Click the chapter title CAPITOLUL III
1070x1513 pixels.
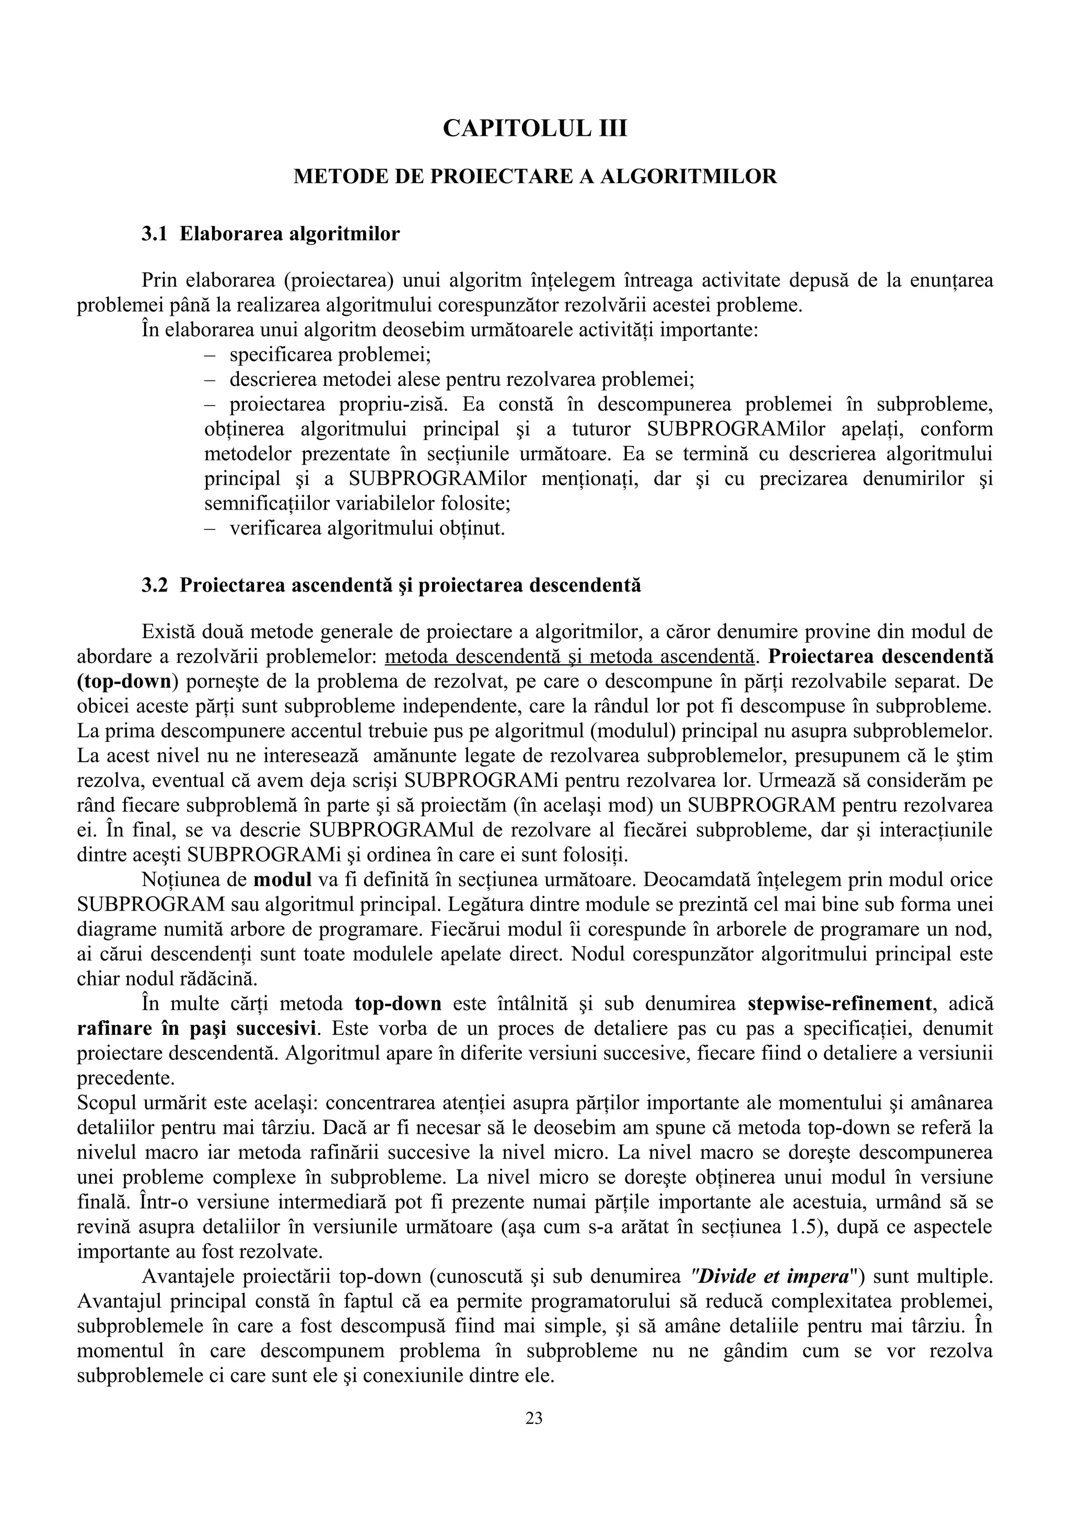(534, 128)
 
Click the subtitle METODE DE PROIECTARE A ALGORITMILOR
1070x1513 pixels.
(534, 176)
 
